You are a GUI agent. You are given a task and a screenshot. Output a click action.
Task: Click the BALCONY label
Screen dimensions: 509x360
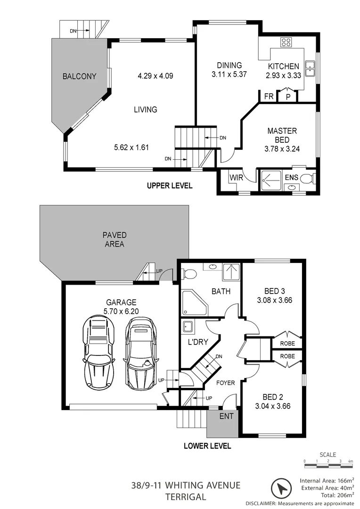point(79,76)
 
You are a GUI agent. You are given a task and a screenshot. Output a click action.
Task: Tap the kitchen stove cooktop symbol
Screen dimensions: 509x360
point(286,43)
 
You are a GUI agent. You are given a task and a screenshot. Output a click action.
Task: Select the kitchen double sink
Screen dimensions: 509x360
point(310,69)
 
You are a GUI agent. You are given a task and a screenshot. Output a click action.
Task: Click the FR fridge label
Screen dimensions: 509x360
point(269,96)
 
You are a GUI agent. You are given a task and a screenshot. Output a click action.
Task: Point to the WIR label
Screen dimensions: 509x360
point(236,178)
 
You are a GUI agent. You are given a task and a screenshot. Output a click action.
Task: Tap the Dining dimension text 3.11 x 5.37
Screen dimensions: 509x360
point(229,74)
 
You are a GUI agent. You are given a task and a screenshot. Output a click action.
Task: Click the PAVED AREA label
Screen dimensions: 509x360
point(114,239)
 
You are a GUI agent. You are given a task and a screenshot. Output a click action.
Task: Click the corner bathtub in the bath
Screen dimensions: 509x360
point(194,302)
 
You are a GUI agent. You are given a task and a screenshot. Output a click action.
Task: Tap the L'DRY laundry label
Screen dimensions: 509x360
point(195,341)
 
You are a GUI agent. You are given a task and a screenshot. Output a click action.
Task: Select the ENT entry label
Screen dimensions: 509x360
point(225,417)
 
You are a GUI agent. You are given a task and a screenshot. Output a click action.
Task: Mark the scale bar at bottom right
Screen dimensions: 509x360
point(328,466)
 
